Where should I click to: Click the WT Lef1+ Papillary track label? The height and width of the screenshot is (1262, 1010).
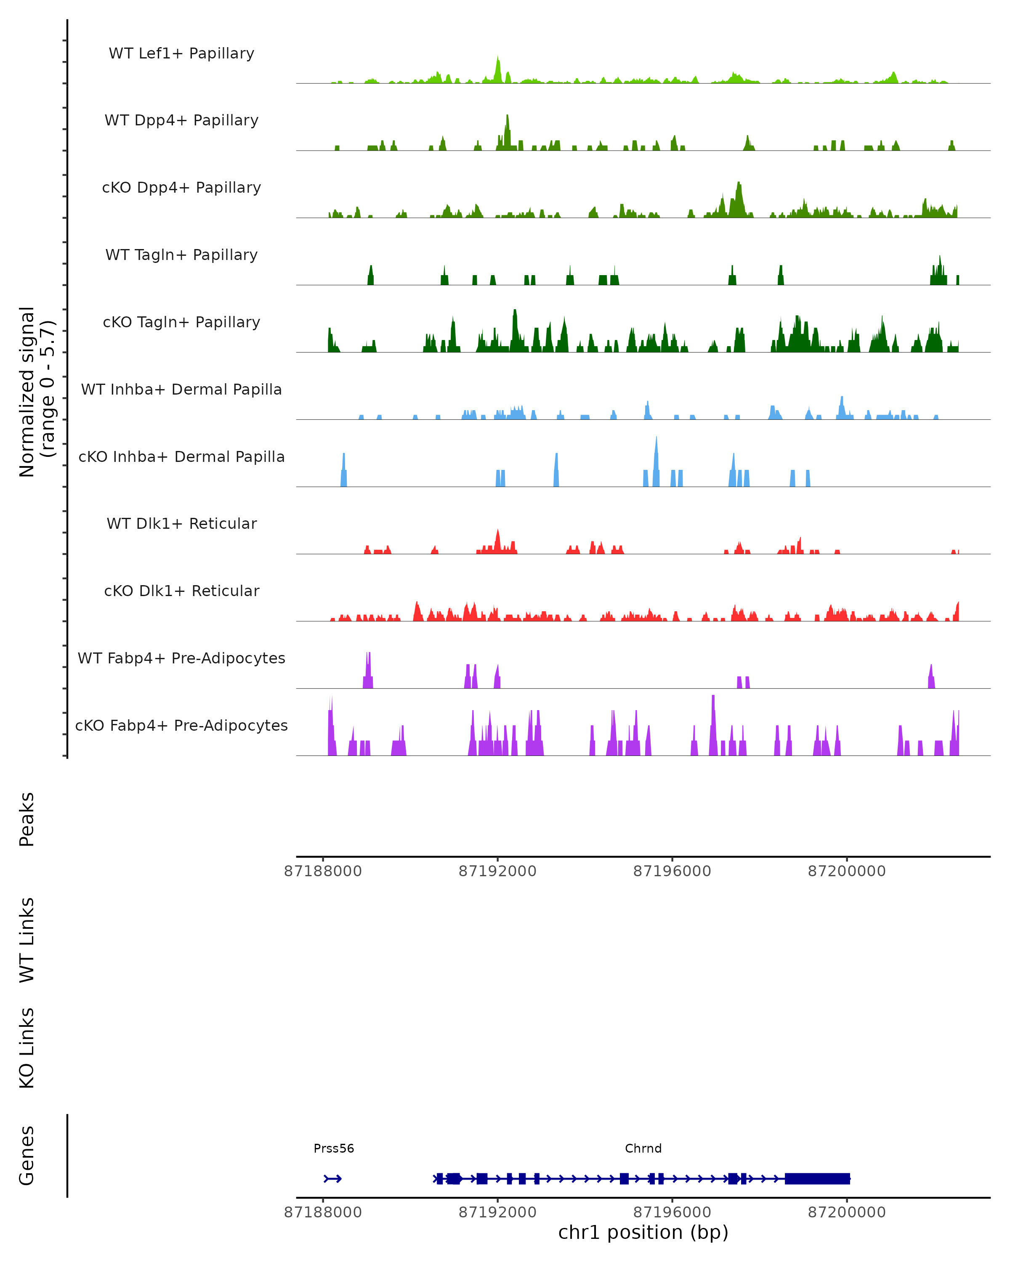[181, 53]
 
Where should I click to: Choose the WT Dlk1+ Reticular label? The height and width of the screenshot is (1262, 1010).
[181, 523]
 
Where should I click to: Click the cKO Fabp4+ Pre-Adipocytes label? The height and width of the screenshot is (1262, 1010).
[181, 725]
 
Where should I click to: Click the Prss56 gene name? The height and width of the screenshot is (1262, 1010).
[334, 1148]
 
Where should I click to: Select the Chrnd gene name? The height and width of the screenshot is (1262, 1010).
[643, 1148]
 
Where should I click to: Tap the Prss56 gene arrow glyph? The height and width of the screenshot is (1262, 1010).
[332, 1179]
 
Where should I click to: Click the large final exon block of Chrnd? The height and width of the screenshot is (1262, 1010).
[817, 1179]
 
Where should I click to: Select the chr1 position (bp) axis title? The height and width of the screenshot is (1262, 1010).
[643, 1232]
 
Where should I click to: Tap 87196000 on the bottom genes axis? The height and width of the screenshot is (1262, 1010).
[672, 1212]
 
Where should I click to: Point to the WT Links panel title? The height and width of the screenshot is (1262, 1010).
[27, 939]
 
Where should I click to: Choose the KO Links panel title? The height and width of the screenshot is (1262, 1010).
[27, 1048]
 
